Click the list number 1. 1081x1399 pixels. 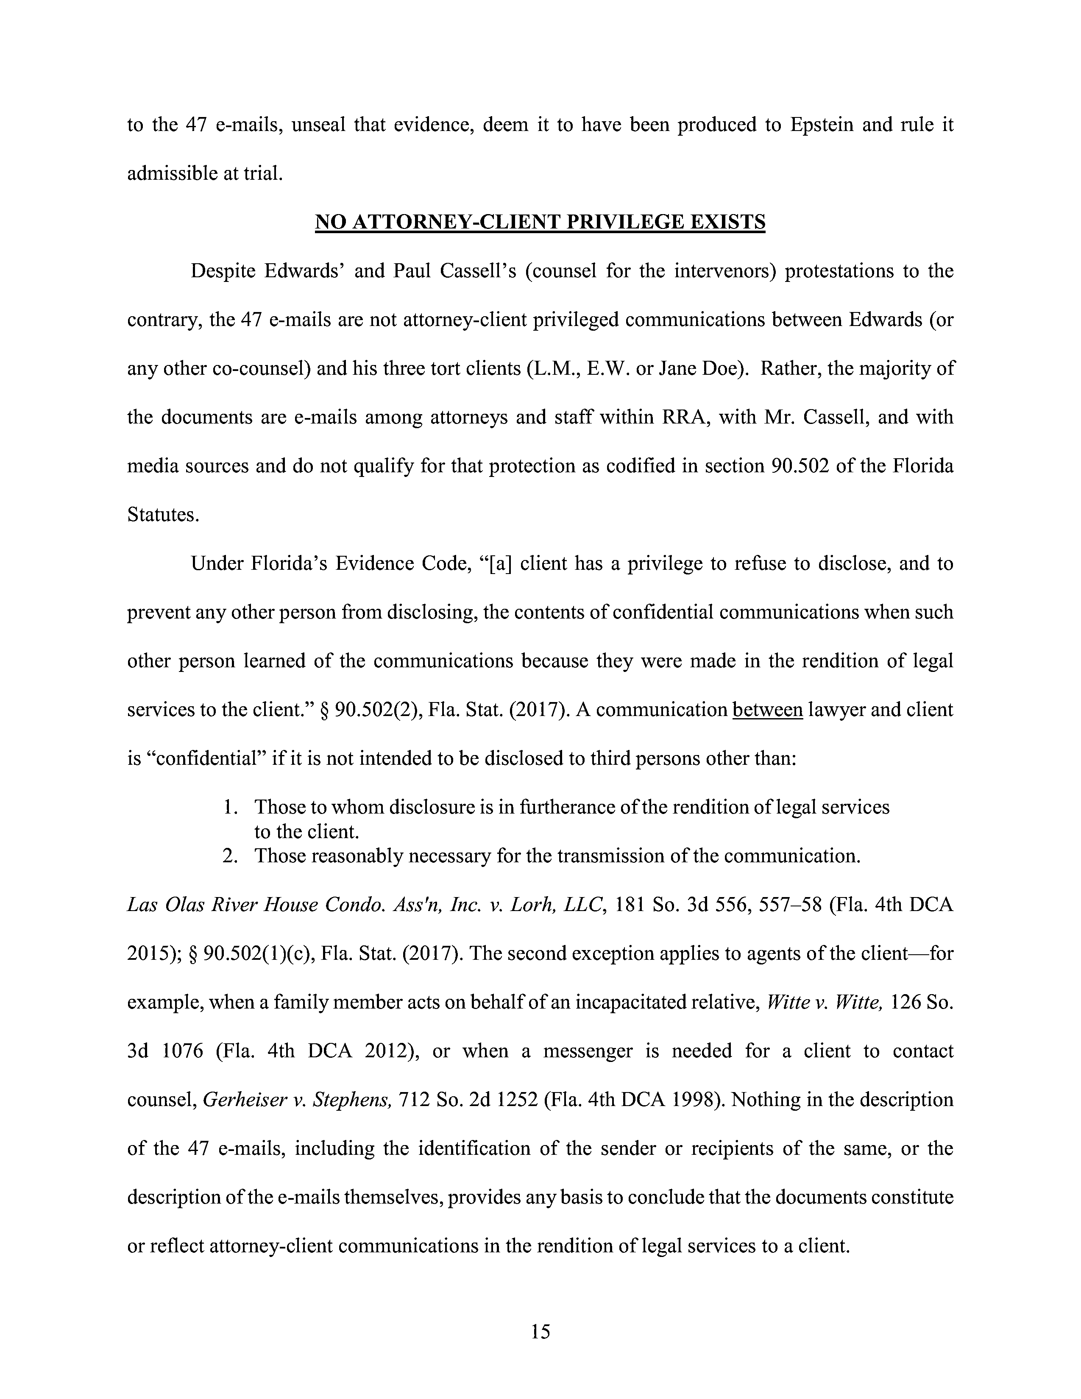230,807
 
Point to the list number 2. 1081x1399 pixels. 230,856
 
